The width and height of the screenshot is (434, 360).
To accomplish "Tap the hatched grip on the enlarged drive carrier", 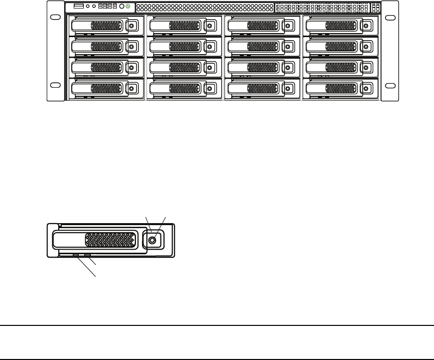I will point(110,240).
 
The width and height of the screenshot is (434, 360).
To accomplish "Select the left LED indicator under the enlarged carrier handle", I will point(76,255).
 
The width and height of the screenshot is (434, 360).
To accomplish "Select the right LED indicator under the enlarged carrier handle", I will point(87,255).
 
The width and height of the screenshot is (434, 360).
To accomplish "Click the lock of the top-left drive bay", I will point(131,26).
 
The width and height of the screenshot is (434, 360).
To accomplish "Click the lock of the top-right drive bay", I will point(365,26).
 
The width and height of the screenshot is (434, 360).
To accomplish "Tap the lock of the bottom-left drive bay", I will point(131,89).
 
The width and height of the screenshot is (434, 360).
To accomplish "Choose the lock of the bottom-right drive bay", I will point(365,89).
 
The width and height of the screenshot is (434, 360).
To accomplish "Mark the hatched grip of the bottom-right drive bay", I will point(341,89).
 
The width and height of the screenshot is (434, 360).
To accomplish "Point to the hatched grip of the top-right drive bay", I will point(341,26).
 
